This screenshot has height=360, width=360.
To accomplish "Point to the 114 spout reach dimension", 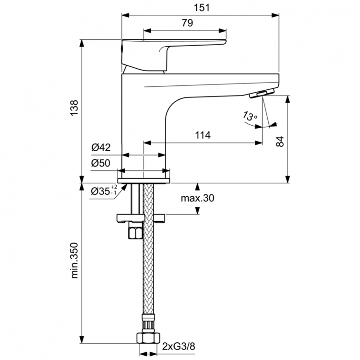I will (x=203, y=136).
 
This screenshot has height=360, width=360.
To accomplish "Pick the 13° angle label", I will (x=250, y=116).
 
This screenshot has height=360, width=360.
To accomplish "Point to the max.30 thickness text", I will (x=197, y=198).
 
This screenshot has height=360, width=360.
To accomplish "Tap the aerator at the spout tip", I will (x=262, y=93).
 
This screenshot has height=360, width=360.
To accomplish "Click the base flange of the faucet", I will (x=144, y=177).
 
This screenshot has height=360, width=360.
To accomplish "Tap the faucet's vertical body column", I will (x=144, y=125).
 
